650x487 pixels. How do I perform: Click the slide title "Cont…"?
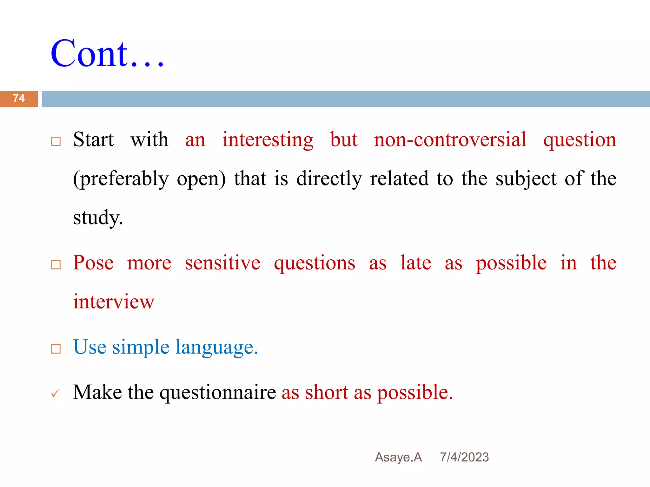coord(107,54)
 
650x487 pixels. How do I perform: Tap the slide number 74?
coord(19,98)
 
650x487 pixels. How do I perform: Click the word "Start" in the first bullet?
coord(93,140)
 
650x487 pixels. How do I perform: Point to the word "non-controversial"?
coord(450,140)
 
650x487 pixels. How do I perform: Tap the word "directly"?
coord(329,179)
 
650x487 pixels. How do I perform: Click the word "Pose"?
coord(93,263)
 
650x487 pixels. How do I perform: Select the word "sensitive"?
coord(222,263)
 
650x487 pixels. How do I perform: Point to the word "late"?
coord(415,263)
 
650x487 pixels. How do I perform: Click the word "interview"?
coord(114,302)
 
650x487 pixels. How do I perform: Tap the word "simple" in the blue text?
coord(141,347)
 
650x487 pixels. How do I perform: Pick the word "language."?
coord(217,347)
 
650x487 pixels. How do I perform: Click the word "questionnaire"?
coord(218,393)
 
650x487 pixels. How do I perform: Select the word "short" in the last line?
coord(327,392)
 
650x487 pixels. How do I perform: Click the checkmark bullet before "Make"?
coord(55,394)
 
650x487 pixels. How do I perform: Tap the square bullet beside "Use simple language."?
coord(56,349)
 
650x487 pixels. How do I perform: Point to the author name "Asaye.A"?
coord(398,457)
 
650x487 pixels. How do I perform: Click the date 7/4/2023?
coord(464,457)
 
